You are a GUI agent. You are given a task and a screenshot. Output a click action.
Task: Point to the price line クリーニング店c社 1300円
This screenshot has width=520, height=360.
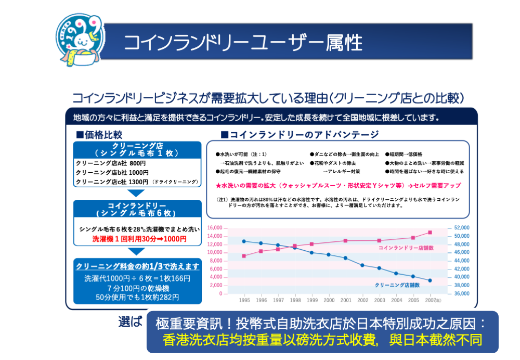coord(112,182)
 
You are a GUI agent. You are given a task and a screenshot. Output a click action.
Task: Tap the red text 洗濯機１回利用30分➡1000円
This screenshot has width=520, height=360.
coord(139,239)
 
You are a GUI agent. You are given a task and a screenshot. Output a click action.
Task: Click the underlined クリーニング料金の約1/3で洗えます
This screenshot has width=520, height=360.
coord(137,266)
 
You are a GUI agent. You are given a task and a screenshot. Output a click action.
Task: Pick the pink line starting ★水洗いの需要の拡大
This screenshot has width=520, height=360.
coord(338,185)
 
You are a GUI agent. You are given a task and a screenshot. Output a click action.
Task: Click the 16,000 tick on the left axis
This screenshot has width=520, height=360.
coord(215,228)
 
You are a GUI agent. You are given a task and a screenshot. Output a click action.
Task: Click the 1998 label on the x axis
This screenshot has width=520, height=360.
coord(295,300)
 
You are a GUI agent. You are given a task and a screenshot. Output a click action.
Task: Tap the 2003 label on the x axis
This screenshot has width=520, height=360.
coord(380,300)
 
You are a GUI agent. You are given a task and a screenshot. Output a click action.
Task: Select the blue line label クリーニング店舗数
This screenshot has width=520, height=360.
coord(397,285)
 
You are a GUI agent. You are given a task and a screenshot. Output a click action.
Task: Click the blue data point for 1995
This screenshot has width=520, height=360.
coord(244,241)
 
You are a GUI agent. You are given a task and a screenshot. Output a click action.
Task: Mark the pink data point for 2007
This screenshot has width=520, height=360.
coord(430,232)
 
